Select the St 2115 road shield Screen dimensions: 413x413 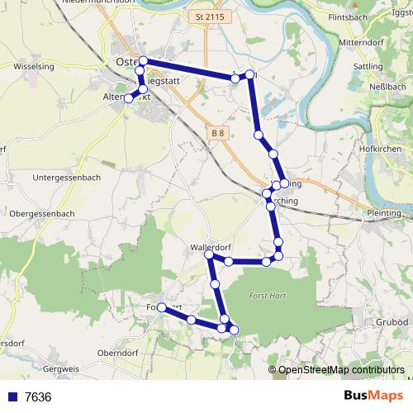coord(211,17)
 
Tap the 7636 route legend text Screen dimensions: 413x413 coord(37,397)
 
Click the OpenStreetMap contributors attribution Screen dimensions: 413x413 coord(340,370)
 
